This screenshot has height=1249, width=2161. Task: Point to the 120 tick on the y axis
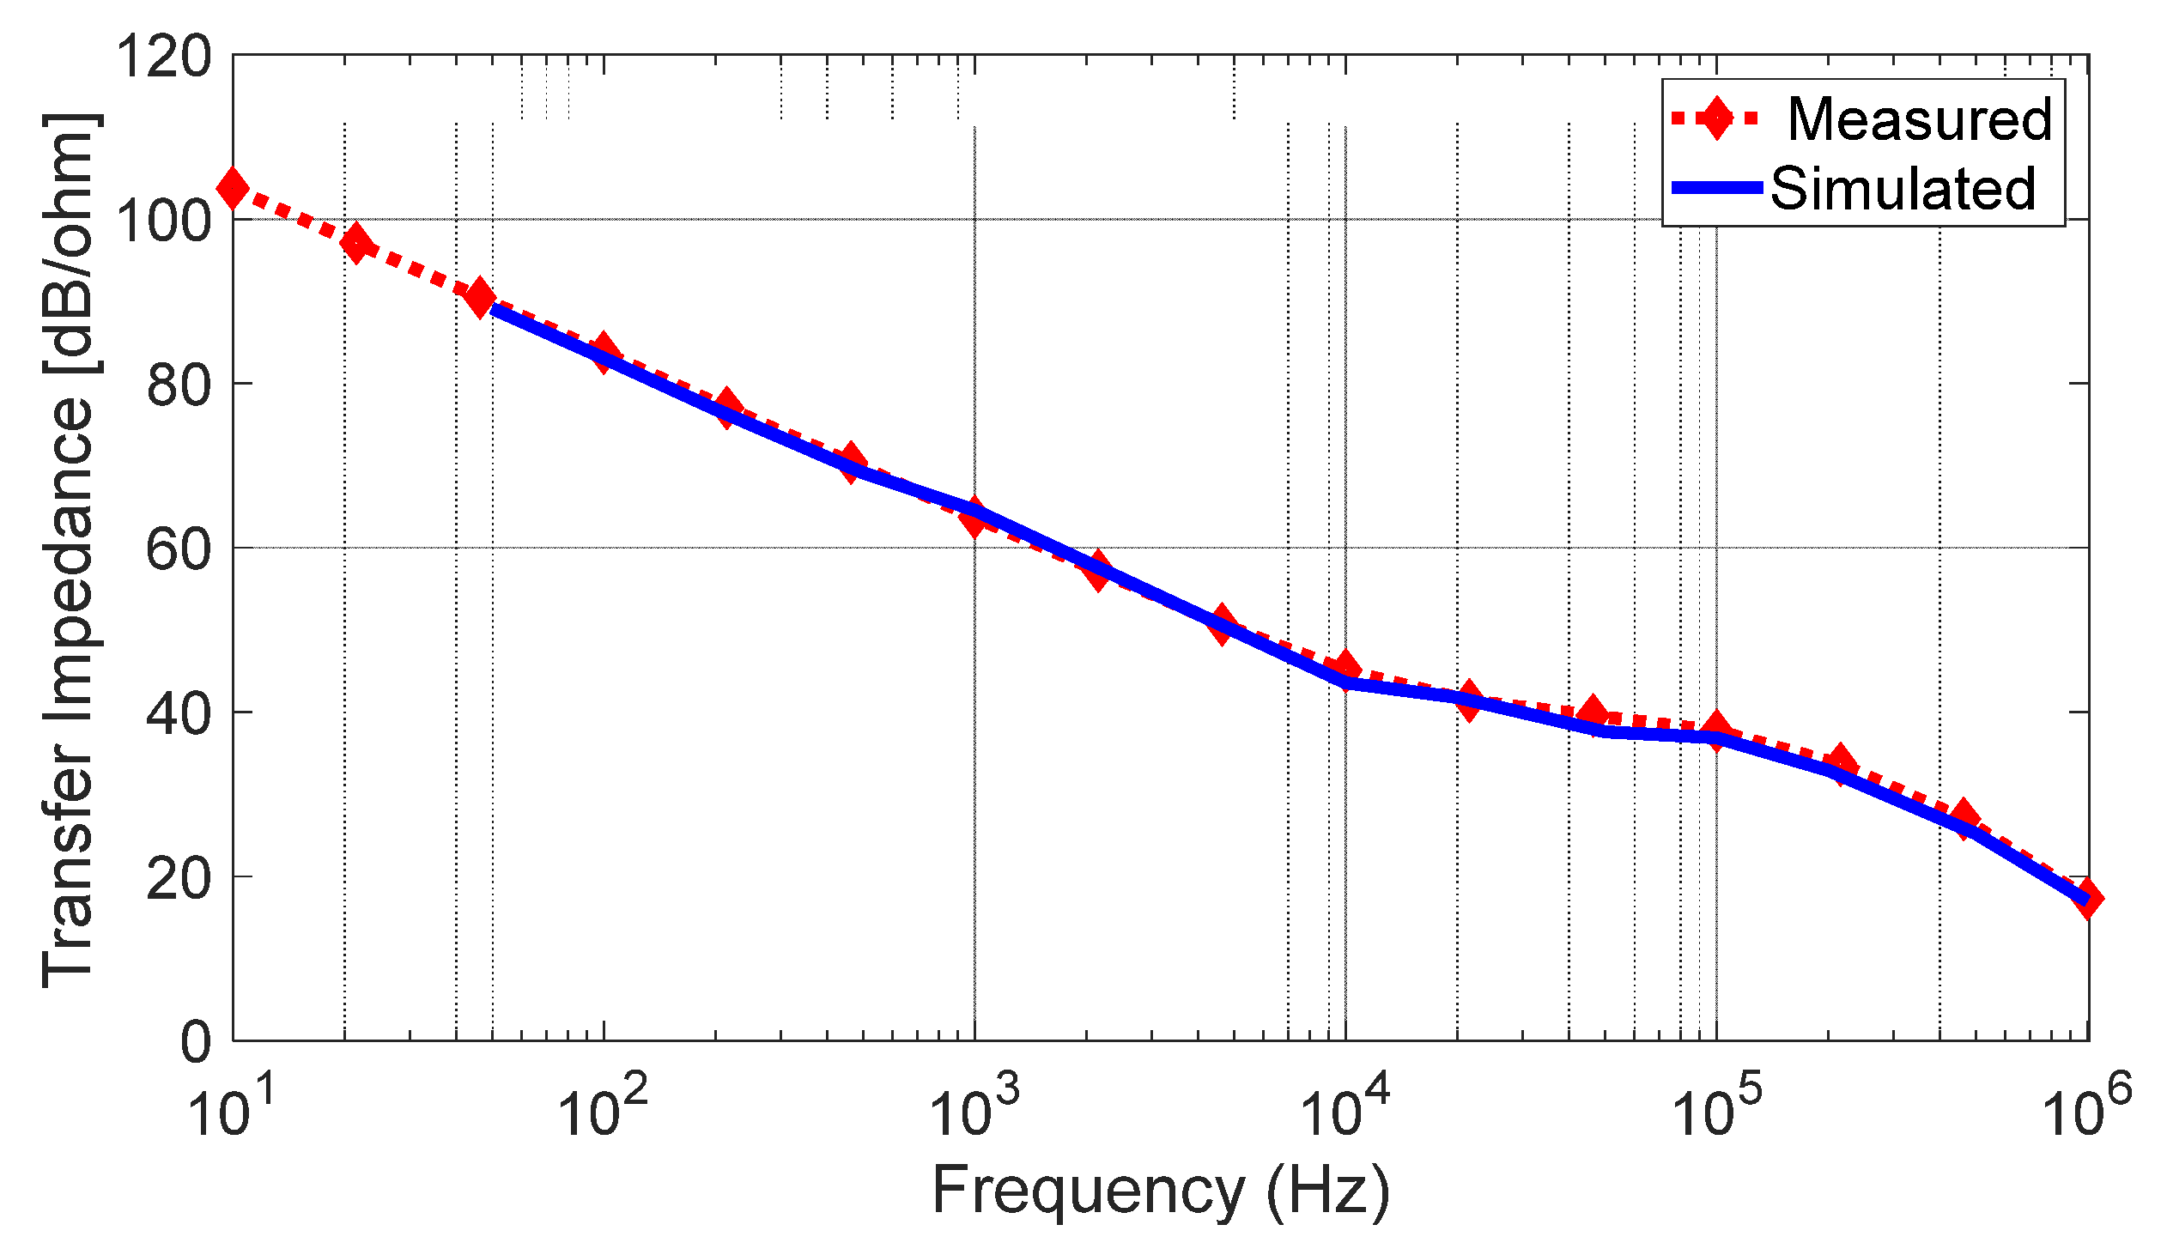163,58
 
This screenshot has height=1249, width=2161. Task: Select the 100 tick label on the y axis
163,221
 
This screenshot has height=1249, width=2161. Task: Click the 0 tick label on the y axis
195,1042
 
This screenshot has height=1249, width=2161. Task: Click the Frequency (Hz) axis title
1161,1191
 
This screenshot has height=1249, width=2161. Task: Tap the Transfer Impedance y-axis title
70,549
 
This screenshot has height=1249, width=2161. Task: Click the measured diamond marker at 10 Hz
233,187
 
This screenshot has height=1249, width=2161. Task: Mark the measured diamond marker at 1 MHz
2087,898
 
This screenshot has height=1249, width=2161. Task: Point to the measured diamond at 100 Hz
604,353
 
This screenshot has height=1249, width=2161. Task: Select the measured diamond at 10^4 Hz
1345,667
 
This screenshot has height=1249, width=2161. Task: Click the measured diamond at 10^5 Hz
1716,730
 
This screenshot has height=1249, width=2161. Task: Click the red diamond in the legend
1716,118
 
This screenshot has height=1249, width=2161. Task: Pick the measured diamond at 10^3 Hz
974,518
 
